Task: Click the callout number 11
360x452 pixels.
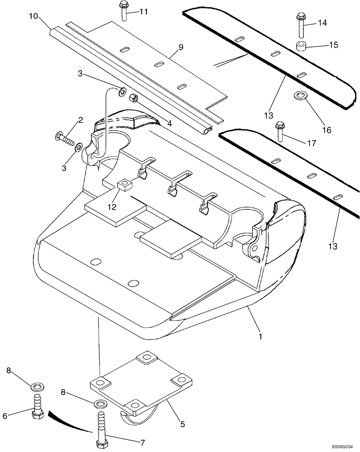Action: (143, 12)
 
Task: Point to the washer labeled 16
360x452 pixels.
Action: (300, 95)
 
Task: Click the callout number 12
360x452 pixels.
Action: (112, 207)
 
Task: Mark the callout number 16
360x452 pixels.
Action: (327, 130)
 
